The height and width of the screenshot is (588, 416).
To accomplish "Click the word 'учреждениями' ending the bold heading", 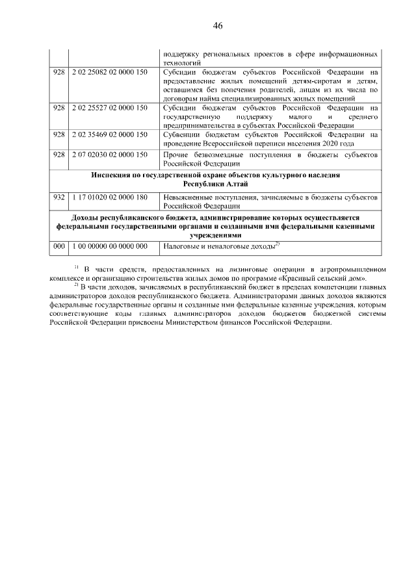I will tap(216, 236).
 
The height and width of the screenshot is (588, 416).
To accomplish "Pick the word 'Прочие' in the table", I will tap(175, 155).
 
